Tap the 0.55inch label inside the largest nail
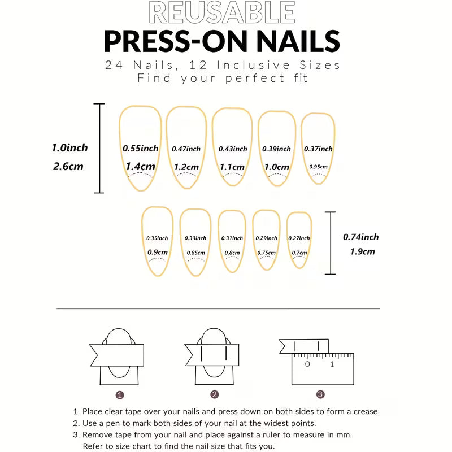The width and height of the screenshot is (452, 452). (140, 149)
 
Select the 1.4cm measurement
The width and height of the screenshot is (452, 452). (140, 167)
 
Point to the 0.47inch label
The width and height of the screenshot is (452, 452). (186, 149)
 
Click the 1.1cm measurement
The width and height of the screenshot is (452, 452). (232, 167)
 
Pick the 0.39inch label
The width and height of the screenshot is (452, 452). (276, 149)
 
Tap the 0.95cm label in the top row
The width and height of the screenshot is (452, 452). (319, 167)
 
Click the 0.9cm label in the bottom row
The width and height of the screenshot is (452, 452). (157, 252)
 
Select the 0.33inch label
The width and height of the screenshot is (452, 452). (195, 238)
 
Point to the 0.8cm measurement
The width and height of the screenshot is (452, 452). (232, 253)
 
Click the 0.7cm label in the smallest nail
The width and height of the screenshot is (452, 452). (299, 253)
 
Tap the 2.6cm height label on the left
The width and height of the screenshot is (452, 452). (68, 167)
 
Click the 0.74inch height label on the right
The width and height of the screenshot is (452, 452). (360, 237)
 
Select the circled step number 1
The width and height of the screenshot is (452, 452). (120, 394)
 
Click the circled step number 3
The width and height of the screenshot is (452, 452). (320, 394)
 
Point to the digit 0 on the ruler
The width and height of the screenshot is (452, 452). (307, 364)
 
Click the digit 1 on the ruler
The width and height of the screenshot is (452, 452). (332, 364)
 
